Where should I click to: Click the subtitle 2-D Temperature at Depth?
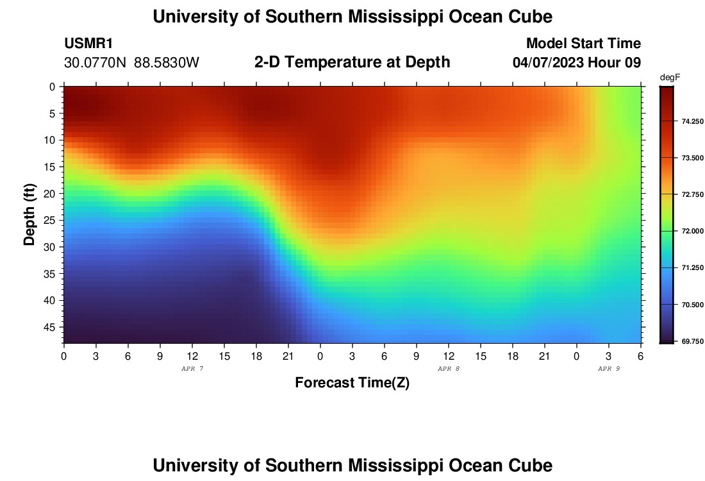[352, 62]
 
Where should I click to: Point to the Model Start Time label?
[583, 44]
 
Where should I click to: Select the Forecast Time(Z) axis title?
[352, 383]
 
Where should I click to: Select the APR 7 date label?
[192, 369]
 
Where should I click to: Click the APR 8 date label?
[449, 369]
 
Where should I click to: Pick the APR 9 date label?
[609, 369]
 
